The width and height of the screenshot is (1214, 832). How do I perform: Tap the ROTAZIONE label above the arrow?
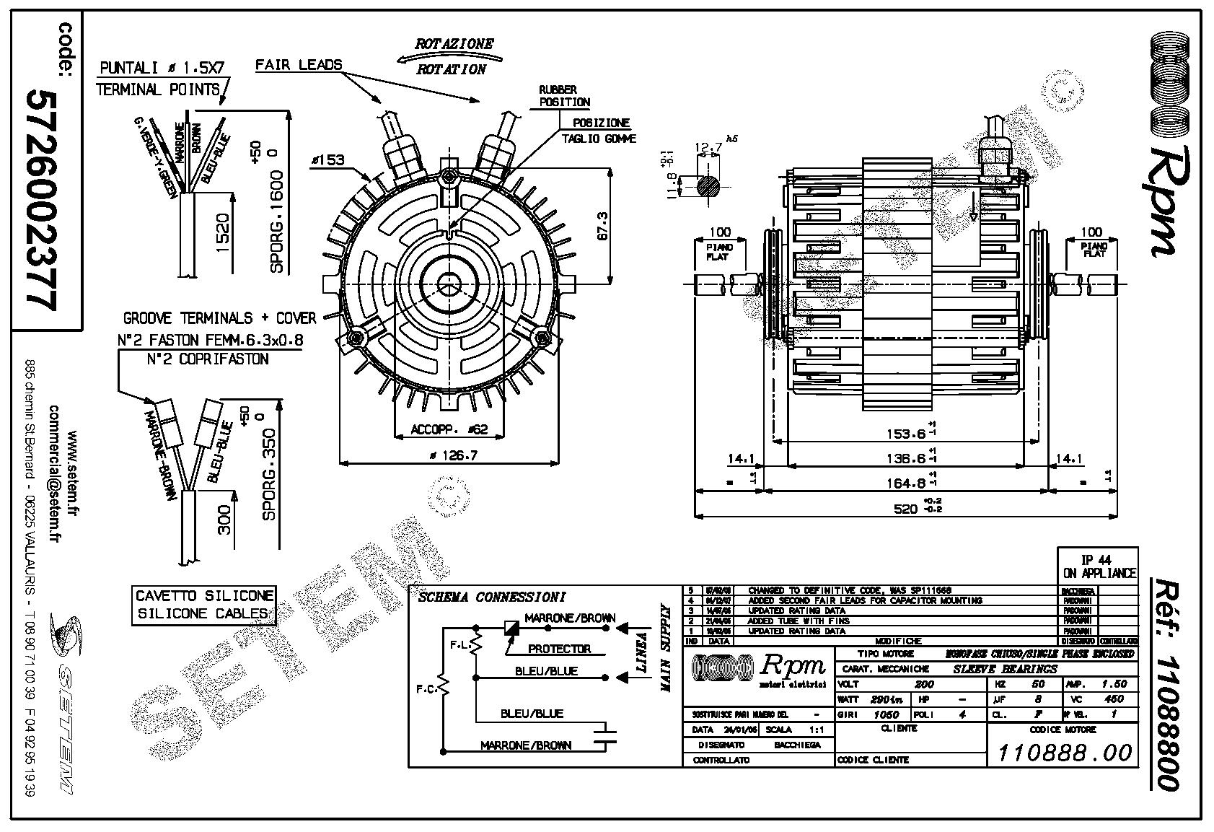click(454, 43)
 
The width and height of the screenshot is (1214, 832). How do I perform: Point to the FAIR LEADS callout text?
click(299, 65)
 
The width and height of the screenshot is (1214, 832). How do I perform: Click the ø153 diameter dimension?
click(327, 160)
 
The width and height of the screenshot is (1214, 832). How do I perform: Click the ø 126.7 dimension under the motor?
click(450, 455)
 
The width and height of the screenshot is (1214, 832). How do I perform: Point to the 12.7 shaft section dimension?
click(708, 149)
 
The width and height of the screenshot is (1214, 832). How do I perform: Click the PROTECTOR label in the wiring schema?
click(559, 649)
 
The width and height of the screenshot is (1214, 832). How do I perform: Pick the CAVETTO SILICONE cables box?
click(204, 605)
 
